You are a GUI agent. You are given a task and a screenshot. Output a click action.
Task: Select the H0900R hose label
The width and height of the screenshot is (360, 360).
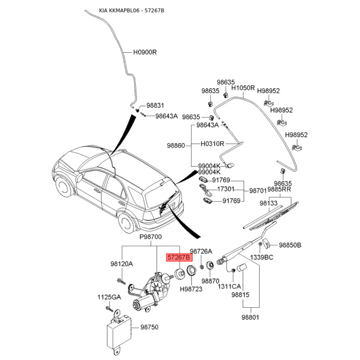point(144,52)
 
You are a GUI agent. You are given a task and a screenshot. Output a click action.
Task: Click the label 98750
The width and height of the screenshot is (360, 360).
point(149,328)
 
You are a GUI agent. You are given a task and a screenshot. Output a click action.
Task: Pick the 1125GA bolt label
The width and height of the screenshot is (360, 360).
point(109,297)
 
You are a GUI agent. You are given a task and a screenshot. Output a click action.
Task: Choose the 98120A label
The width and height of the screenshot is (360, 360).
point(121,264)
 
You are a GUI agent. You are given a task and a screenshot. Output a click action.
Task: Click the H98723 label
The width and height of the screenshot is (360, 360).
point(191,289)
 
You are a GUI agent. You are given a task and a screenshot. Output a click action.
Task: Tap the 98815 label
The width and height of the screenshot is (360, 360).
point(240,295)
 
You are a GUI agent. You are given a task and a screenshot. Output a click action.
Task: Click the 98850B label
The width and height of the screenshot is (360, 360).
point(290,245)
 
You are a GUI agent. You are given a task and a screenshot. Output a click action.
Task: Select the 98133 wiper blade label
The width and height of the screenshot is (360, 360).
point(269,203)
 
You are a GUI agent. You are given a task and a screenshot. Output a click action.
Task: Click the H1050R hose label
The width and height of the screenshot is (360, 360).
point(243,88)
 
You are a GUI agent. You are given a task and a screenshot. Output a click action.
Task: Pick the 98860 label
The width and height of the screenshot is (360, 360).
point(176,145)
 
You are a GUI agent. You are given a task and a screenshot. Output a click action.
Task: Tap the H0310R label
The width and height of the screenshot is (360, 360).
point(212,144)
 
